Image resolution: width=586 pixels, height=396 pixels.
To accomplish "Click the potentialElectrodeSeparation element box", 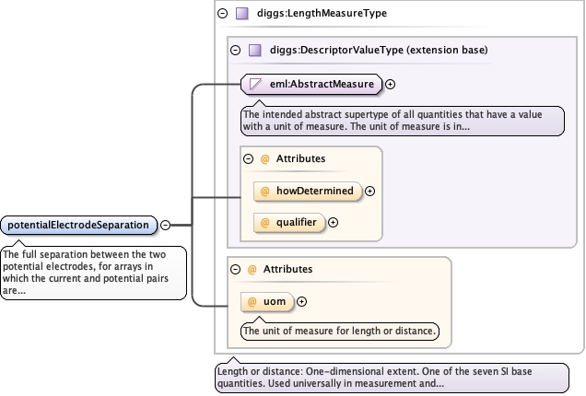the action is (x=79, y=226).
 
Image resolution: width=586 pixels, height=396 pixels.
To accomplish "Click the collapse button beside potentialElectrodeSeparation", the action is (x=165, y=226).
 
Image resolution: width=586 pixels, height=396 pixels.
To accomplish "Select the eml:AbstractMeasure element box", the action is (x=311, y=84).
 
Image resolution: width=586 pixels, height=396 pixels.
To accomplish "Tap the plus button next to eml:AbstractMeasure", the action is (x=390, y=85).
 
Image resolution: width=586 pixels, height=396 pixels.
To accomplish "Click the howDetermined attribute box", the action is (x=308, y=192).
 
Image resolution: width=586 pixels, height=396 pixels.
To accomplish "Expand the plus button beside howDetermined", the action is (x=370, y=192).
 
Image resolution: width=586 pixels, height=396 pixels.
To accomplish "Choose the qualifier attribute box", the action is (x=289, y=223).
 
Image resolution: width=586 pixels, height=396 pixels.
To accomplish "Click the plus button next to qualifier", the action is (x=333, y=223).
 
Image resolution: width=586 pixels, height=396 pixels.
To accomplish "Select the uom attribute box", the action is (x=267, y=302).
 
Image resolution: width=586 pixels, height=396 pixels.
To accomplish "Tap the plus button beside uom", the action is (x=301, y=301).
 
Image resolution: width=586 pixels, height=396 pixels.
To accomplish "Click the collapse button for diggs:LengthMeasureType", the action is (x=222, y=14).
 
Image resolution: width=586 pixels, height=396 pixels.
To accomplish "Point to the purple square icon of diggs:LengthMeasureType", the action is (x=242, y=14).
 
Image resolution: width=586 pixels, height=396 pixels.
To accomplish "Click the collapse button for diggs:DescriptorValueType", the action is (x=236, y=50).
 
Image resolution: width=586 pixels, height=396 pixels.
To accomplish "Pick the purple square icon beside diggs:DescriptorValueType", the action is (x=255, y=50).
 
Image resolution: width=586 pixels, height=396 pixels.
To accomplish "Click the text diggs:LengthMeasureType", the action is (x=322, y=14).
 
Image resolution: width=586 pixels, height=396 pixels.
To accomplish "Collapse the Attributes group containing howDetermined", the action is (x=248, y=158).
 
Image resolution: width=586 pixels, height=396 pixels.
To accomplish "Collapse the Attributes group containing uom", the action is (x=236, y=269).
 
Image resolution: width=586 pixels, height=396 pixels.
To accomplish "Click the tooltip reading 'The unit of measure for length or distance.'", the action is (x=340, y=332).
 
